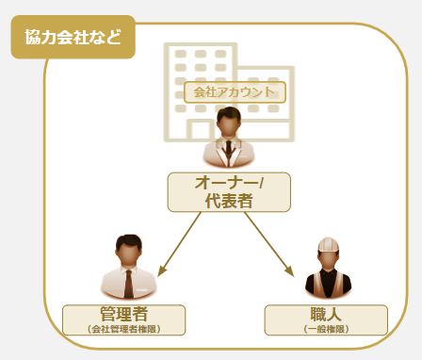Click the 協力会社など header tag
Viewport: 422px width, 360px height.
(73, 38)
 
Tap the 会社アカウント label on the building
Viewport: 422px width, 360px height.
(235, 91)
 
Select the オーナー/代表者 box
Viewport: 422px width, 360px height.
(229, 191)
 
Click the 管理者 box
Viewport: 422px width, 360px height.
(124, 319)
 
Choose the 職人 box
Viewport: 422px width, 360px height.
(326, 319)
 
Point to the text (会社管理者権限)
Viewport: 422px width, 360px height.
(124, 329)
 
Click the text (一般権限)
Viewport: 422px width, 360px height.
(326, 329)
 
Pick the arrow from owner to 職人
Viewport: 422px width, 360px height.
(272, 244)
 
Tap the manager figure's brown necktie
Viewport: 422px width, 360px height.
(129, 282)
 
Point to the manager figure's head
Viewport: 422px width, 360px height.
(128, 250)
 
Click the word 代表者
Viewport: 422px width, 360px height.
(229, 201)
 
